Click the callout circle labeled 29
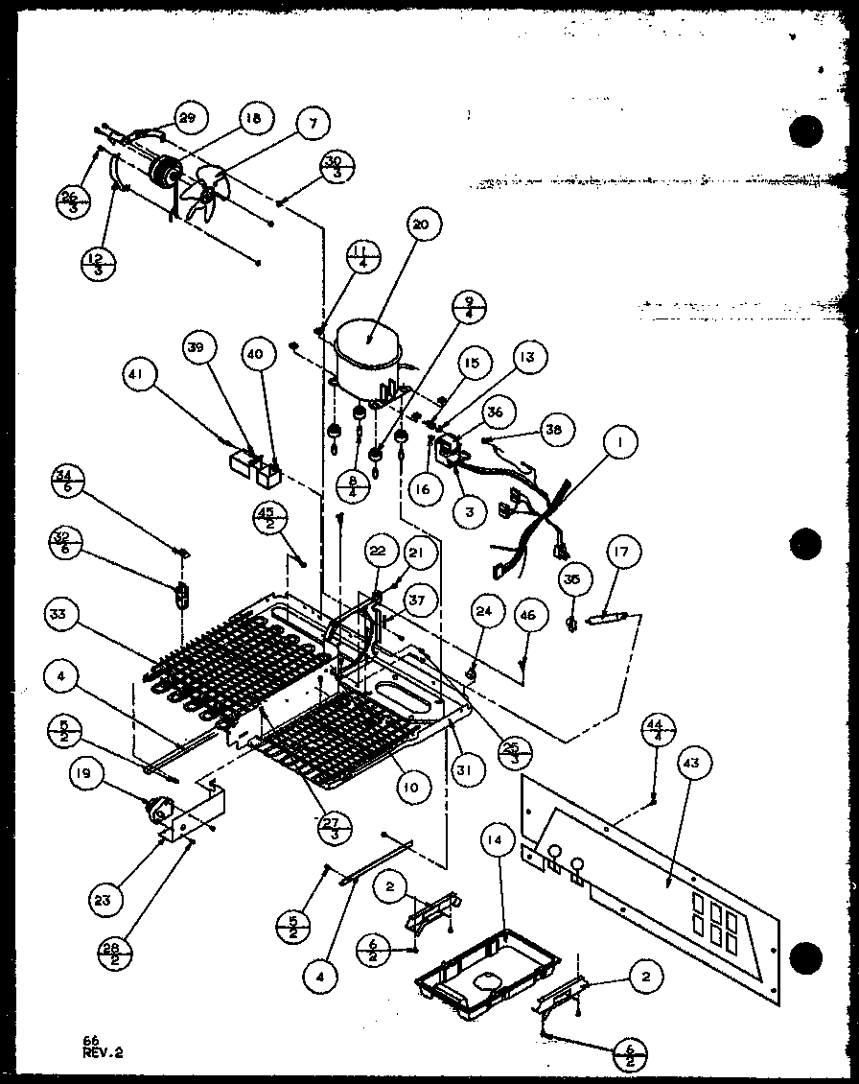(x=187, y=118)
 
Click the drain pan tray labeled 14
(x=474, y=970)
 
